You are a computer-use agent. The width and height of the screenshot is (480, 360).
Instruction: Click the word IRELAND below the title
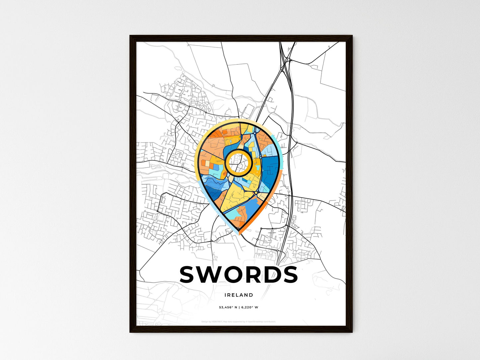[239, 295]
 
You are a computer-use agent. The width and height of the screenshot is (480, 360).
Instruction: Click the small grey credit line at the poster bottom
[239, 321]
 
